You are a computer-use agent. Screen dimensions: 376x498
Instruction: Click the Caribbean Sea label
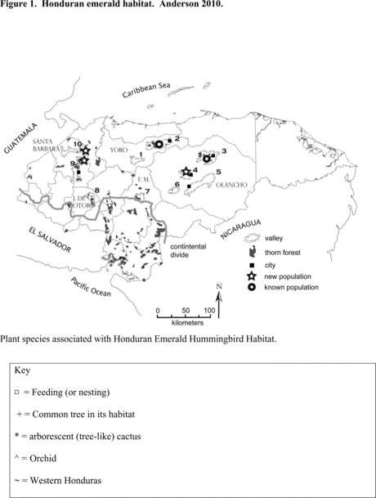pos(146,90)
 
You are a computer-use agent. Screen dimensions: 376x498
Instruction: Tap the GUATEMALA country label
pos(21,138)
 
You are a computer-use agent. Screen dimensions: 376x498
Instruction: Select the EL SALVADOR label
pos(50,240)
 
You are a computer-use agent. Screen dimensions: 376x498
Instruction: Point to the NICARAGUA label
pos(240,229)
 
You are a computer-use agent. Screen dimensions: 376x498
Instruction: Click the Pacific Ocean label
pos(91,287)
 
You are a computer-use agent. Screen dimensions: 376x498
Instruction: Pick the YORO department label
pos(119,150)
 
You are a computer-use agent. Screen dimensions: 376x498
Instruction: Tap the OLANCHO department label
pos(231,185)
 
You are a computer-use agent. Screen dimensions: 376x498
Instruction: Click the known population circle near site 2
pos(159,145)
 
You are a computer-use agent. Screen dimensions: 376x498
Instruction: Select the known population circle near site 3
pos(207,159)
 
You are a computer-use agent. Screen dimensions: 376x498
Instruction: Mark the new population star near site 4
pos(186,172)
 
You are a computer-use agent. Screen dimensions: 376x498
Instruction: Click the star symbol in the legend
pos(252,276)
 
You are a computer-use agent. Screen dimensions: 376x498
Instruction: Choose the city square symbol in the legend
pos(252,265)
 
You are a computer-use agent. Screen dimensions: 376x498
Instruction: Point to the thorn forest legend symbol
pos(253,252)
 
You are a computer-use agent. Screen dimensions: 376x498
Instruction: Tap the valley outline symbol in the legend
pos(252,238)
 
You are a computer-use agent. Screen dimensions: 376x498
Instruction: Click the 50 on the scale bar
pos(186,310)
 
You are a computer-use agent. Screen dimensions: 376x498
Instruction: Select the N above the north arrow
pos(219,286)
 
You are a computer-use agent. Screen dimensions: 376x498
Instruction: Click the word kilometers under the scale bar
pos(187,323)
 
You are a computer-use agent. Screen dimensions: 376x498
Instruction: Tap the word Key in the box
pos(22,370)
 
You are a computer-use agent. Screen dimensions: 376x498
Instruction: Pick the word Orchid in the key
pos(43,458)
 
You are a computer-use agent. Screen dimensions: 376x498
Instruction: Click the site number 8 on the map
pos(96,191)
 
